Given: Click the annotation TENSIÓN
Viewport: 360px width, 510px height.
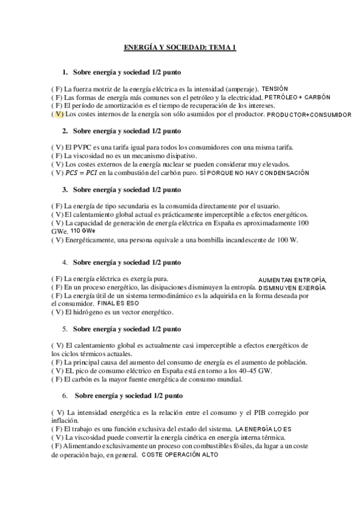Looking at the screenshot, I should click(275, 88).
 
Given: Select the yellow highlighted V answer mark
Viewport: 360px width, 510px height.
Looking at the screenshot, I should click(58, 114).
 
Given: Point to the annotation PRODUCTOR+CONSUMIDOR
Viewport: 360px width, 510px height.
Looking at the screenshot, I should click(309, 114).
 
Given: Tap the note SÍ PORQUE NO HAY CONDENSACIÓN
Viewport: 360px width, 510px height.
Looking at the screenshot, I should click(254, 173).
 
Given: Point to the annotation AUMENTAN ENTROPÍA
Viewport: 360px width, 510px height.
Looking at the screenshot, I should click(292, 280).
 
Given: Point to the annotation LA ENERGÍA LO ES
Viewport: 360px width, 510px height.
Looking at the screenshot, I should click(263, 429).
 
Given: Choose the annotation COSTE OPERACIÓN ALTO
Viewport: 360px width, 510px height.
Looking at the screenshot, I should click(180, 455).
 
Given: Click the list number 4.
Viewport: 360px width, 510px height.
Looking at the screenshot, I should click(64, 263).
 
